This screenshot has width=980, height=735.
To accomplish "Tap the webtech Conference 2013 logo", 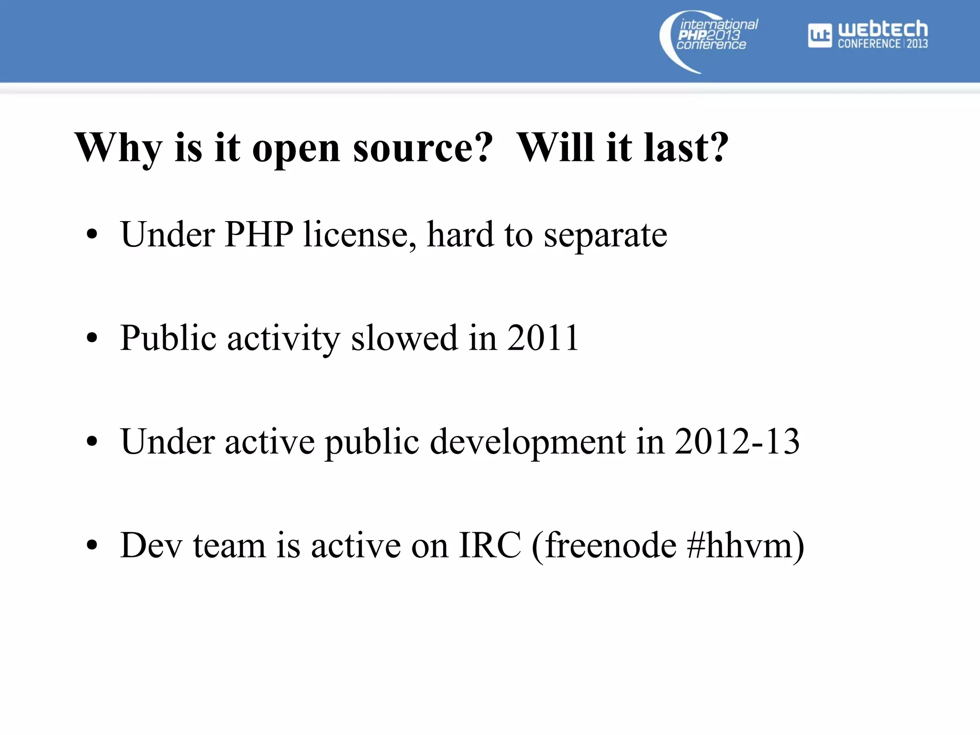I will (x=868, y=35).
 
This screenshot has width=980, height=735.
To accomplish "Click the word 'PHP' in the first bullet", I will (x=259, y=234).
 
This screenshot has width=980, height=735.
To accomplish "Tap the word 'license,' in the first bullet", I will (x=359, y=234).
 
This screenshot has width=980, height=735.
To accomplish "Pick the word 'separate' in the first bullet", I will (x=605, y=235).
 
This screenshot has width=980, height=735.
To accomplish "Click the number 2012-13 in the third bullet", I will (x=737, y=441).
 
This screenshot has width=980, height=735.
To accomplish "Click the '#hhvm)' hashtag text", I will (x=745, y=546).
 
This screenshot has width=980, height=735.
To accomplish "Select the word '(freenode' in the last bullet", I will (x=603, y=546).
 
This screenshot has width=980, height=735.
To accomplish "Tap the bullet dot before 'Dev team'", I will (x=92, y=546).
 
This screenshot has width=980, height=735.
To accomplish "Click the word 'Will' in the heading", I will (x=556, y=147).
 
